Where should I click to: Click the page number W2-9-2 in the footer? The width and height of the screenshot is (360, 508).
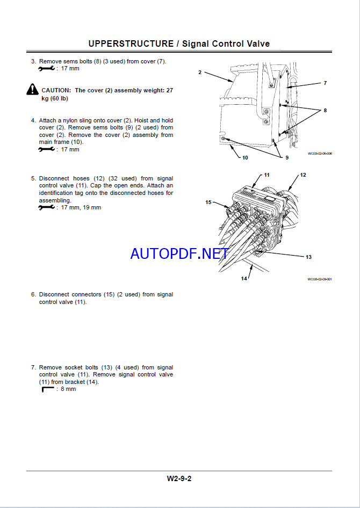pyautogui.click(x=179, y=478)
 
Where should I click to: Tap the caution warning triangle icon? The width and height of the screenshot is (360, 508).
pyautogui.click(x=33, y=90)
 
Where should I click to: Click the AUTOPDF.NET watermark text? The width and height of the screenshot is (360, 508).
pyautogui.click(x=179, y=253)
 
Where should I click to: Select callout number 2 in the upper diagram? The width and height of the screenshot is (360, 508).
pyautogui.click(x=199, y=72)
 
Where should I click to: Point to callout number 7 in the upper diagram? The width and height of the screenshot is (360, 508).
pyautogui.click(x=325, y=83)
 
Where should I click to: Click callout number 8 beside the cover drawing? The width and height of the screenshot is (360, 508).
pyautogui.click(x=325, y=111)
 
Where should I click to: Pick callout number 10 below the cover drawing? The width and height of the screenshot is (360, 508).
pyautogui.click(x=245, y=157)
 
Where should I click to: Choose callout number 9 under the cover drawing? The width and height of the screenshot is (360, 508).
pyautogui.click(x=286, y=157)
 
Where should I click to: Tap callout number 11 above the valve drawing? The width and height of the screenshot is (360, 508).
pyautogui.click(x=266, y=175)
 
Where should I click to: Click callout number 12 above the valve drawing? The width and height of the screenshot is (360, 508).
pyautogui.click(x=303, y=175)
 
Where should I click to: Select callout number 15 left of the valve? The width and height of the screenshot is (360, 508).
pyautogui.click(x=208, y=202)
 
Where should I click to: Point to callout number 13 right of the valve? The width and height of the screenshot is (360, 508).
pyautogui.click(x=308, y=257)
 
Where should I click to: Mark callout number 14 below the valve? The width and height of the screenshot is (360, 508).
pyautogui.click(x=244, y=278)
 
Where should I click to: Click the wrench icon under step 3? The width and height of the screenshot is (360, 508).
pyautogui.click(x=46, y=69)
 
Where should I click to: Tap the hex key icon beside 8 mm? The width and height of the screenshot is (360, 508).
pyautogui.click(x=48, y=389)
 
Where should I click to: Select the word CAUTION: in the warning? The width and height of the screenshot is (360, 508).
pyautogui.click(x=56, y=90)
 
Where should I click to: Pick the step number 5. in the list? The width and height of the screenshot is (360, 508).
pyautogui.click(x=33, y=178)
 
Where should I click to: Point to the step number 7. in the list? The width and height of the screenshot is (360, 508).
pyautogui.click(x=33, y=367)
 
